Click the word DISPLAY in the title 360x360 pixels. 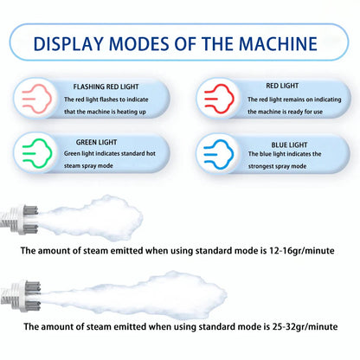pyautogui.click(x=68, y=44)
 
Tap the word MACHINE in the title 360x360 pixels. pyautogui.click(x=278, y=44)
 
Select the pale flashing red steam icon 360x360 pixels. pyautogui.click(x=36, y=99)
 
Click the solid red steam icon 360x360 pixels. pyautogui.click(x=219, y=98)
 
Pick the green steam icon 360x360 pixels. pyautogui.click(x=37, y=153)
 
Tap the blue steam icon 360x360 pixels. pyautogui.click(x=218, y=153)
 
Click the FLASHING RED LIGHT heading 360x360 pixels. pyautogui.click(x=106, y=87)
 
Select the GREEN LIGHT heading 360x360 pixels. pyautogui.click(x=96, y=142)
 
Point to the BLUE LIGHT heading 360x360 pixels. pyautogui.click(x=289, y=145)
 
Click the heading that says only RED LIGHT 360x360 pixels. pyautogui.click(x=282, y=86)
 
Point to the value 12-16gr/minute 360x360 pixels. pyautogui.click(x=302, y=250)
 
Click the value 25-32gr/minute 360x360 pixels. pyautogui.click(x=305, y=326)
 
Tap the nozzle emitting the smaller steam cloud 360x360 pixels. pyautogui.click(x=20, y=219)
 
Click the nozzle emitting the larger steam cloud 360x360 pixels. pyautogui.click(x=20, y=295)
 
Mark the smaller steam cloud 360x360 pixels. pyautogui.click(x=91, y=218)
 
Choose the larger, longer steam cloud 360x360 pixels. pyautogui.click(x=133, y=294)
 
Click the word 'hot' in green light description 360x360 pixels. pyautogui.click(x=151, y=153)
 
